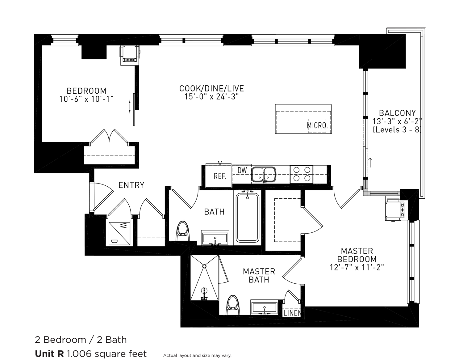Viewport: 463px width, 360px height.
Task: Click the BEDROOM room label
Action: click(86, 91)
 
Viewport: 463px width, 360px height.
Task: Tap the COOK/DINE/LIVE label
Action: click(211, 88)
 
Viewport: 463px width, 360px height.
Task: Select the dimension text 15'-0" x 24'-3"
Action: click(211, 97)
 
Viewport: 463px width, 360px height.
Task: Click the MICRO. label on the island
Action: click(317, 125)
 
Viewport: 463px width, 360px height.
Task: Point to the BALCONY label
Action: click(397, 113)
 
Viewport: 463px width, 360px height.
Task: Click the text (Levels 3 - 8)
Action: click(397, 129)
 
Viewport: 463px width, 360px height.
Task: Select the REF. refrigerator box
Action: click(219, 176)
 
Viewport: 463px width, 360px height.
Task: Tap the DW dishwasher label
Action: click(242, 170)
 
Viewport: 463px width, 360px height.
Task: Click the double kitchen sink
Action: click(263, 175)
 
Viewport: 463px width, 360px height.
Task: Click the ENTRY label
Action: click(131, 185)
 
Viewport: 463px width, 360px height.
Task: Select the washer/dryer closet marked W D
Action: click(119, 233)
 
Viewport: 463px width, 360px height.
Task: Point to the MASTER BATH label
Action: click(259, 275)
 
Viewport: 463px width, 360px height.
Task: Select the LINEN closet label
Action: click(292, 313)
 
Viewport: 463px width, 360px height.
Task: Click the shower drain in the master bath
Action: click(204, 266)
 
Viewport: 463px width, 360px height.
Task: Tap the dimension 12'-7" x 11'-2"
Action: click(357, 267)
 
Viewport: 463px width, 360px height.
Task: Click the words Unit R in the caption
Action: click(49, 354)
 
